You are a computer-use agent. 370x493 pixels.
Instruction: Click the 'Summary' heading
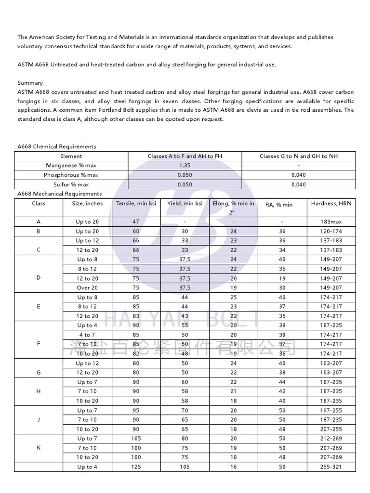(x=30, y=83)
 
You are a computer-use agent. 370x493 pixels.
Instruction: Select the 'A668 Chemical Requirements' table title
(x=56, y=146)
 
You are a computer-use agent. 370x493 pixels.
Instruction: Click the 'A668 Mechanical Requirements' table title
(x=59, y=194)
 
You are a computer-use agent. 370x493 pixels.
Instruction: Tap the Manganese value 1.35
(x=185, y=166)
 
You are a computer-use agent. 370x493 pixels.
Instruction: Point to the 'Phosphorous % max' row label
(x=71, y=175)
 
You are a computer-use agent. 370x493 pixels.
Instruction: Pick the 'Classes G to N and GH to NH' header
(x=298, y=156)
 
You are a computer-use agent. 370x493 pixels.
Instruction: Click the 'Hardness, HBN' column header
(x=331, y=203)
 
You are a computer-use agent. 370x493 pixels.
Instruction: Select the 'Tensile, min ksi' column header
(x=136, y=203)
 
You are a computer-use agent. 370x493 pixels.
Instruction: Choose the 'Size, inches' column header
(x=87, y=203)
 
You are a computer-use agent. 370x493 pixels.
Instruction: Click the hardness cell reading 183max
(x=331, y=222)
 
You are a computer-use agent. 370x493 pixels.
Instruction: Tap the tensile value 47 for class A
(x=136, y=222)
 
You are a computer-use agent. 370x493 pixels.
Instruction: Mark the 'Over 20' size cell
(x=87, y=288)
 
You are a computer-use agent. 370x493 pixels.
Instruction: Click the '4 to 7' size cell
(x=87, y=335)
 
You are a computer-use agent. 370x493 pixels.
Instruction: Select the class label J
(x=39, y=420)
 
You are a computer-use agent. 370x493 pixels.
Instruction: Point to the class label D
(x=39, y=278)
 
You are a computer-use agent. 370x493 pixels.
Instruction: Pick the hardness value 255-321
(x=331, y=467)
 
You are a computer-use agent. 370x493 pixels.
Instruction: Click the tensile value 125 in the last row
(x=136, y=467)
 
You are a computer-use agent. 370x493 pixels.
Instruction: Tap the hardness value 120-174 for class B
(x=331, y=232)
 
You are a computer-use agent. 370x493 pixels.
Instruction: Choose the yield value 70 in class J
(x=185, y=411)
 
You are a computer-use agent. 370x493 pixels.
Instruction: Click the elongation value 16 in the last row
(x=234, y=467)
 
